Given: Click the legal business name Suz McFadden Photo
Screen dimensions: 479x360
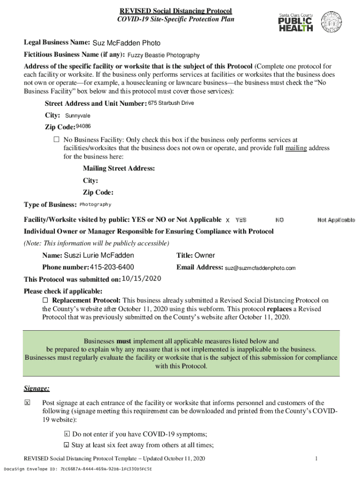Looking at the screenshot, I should coord(126,44).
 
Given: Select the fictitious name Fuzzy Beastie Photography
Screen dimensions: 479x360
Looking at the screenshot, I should coord(163,55).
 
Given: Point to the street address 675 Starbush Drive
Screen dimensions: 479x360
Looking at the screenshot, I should coord(171,103).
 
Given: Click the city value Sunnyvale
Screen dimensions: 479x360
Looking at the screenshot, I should coord(78,116).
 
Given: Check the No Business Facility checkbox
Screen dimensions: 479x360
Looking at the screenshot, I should coord(56,139).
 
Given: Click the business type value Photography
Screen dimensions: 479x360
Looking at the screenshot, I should coord(95,204).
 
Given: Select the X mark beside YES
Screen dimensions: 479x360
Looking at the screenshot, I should coord(228,220).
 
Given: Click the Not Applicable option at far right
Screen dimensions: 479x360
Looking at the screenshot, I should coord(336,220).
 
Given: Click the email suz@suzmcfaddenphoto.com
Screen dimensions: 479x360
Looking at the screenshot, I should coord(260,268).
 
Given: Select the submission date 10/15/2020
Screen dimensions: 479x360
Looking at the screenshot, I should coord(141,279).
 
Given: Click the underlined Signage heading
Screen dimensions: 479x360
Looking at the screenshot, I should coord(36,389).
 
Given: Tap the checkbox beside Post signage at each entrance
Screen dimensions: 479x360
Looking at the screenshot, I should coord(27,403).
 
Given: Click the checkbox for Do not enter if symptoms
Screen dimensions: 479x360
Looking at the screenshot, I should coord(66,434).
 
